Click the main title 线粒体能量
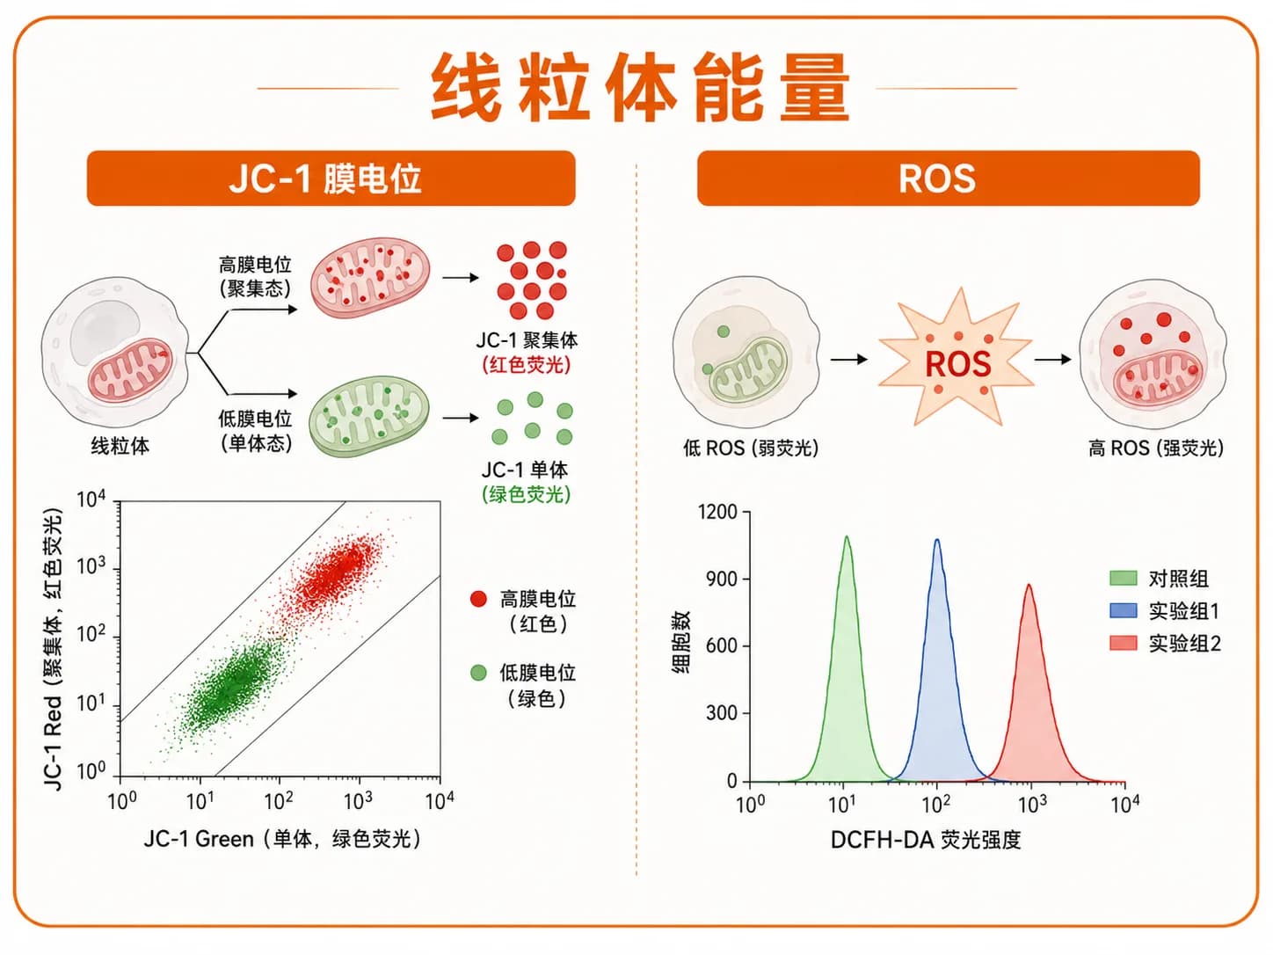[x=640, y=88]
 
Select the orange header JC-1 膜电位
[x=331, y=178]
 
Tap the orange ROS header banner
[x=949, y=178]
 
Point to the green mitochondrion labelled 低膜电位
[x=369, y=416]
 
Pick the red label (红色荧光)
[x=527, y=365]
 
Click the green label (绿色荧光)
[x=527, y=494]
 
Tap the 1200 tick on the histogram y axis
[x=717, y=512]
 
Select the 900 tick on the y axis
[x=722, y=579]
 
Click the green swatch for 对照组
[x=1123, y=578]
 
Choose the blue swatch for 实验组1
[x=1123, y=610]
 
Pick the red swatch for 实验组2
[x=1123, y=643]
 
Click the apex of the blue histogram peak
[x=936, y=540]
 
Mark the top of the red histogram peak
[x=1029, y=585]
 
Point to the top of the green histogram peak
[x=847, y=536]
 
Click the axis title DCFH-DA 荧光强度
[x=926, y=840]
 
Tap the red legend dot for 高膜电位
[x=478, y=599]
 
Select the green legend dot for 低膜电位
[x=478, y=673]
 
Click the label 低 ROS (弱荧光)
[x=751, y=448]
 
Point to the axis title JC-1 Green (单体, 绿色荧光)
[x=282, y=839]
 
